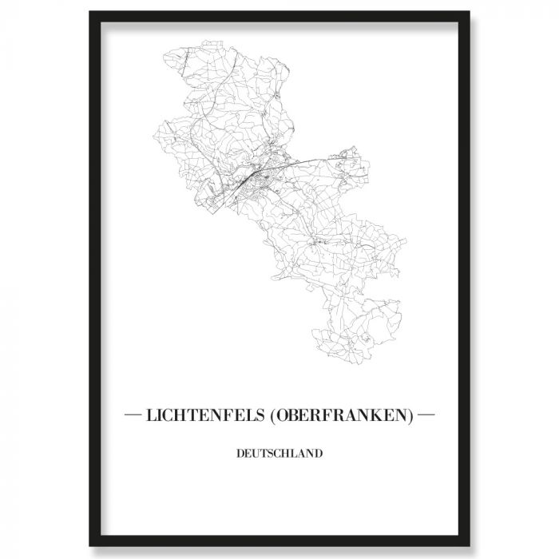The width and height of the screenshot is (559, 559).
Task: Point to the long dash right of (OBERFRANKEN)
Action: pyautogui.click(x=426, y=416)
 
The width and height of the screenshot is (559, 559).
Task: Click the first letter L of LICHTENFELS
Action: pyautogui.click(x=149, y=416)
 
